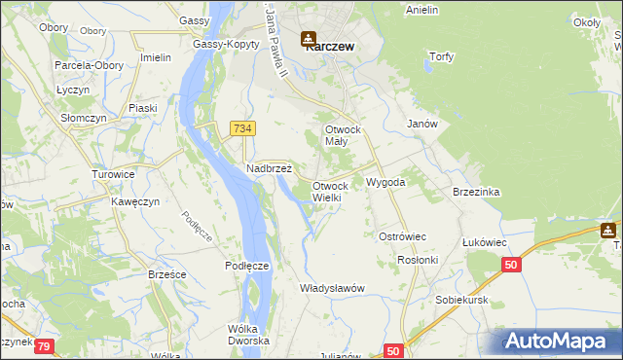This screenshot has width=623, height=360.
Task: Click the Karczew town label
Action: coord(329,46)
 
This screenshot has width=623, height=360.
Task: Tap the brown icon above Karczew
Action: coord(309,39)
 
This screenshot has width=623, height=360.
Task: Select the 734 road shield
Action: coord(243,128)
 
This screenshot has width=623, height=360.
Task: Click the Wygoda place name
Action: coord(385,182)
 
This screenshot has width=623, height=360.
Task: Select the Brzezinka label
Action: coord(476,192)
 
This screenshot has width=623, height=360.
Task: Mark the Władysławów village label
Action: coord(332,288)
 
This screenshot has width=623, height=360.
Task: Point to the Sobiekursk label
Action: coord(461,301)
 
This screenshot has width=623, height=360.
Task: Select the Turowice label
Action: coord(113,174)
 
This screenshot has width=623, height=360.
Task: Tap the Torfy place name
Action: coord(441,56)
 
